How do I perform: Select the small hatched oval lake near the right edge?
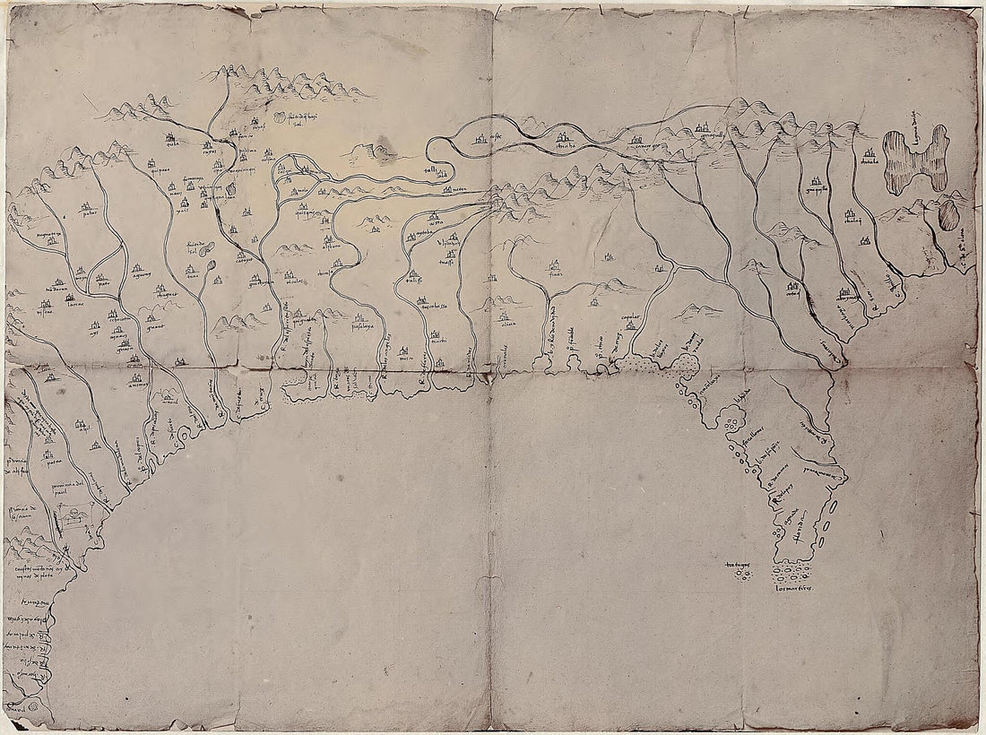[947, 215]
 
